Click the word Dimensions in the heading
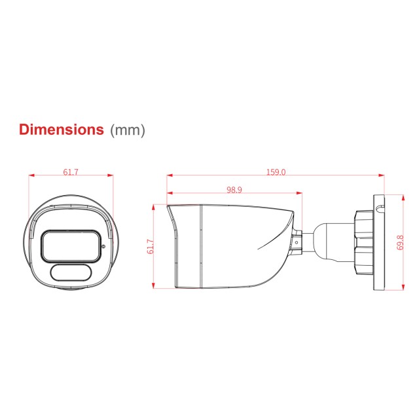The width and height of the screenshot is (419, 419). pyautogui.click(x=61, y=129)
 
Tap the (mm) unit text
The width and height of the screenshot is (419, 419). pyautogui.click(x=127, y=130)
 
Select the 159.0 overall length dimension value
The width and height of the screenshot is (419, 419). pyautogui.click(x=276, y=173)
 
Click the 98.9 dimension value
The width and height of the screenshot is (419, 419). pyautogui.click(x=234, y=190)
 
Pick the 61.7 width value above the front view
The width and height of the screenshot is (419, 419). pyautogui.click(x=71, y=173)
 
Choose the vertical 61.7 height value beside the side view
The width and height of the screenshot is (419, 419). pyautogui.click(x=150, y=246)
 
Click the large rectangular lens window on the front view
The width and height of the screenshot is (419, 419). pyautogui.click(x=70, y=246)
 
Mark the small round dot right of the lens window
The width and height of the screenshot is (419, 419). pyautogui.click(x=103, y=246)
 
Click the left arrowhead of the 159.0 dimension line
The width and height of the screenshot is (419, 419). pyautogui.click(x=170, y=175)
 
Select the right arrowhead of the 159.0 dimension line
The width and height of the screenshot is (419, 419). pyautogui.click(x=382, y=175)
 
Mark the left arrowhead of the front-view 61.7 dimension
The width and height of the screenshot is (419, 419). pyautogui.click(x=31, y=175)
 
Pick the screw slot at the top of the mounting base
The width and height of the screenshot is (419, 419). pyautogui.click(x=378, y=209)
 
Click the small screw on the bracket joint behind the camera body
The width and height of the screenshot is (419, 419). pyautogui.click(x=296, y=242)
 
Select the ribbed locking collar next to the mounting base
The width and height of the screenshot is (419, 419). pyautogui.click(x=361, y=241)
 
